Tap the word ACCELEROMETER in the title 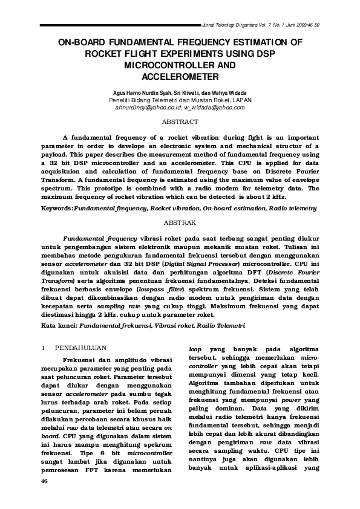tap(180, 76)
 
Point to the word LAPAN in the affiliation tap(241, 99)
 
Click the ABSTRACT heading tap(180, 122)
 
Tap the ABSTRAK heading tap(180, 222)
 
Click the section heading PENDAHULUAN tap(81, 348)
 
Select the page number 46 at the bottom tap(44, 481)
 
